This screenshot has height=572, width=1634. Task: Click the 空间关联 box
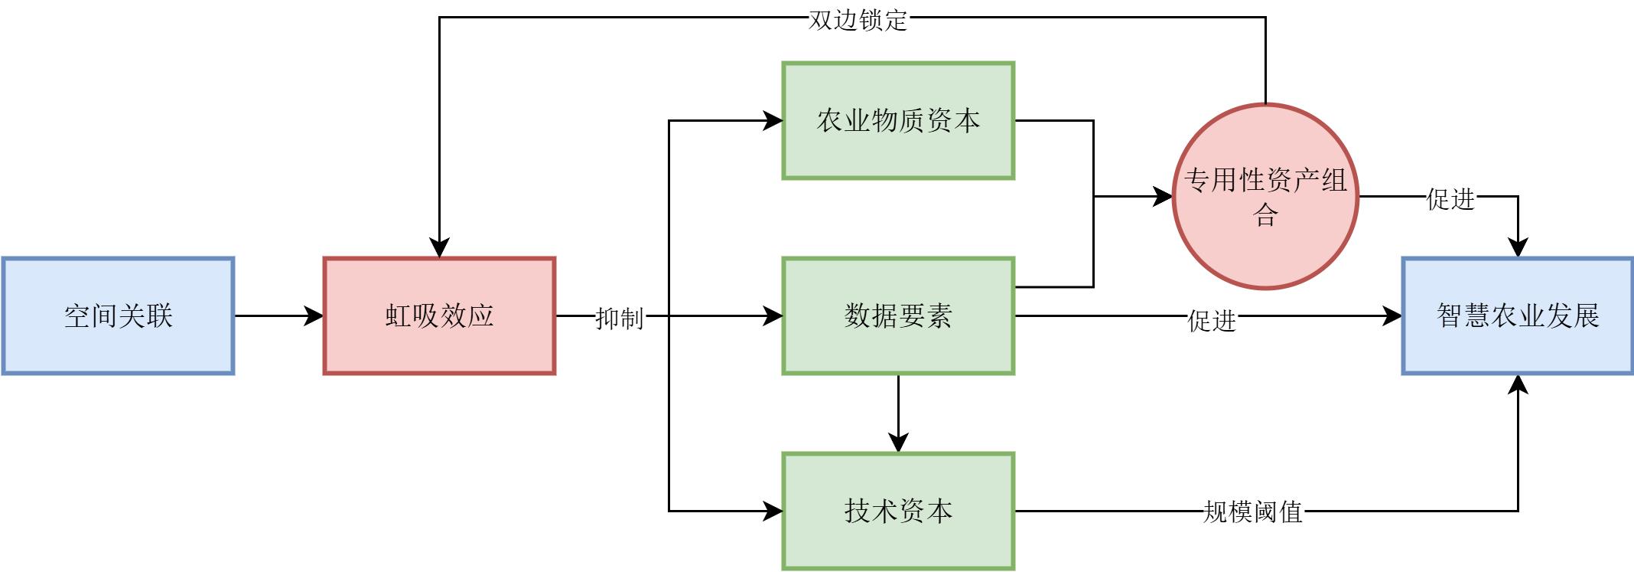pos(118,315)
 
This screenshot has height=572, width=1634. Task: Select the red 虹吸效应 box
pos(439,315)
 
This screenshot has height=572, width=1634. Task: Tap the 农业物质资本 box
pos(898,121)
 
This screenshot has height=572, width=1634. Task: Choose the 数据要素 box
pos(898,315)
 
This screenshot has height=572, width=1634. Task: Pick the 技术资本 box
pos(898,511)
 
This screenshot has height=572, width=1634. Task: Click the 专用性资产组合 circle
pos(1265,196)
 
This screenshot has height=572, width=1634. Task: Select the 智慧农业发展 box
pos(1518,315)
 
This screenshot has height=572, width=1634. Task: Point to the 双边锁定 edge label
pos(858,20)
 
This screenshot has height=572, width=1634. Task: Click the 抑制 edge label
pos(620,317)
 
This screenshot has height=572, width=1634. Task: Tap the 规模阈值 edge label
pos(1253,512)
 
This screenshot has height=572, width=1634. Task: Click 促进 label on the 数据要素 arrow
pos(1212,320)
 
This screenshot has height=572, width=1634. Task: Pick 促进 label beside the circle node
pos(1450,199)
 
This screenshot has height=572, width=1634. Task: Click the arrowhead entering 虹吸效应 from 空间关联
pos(314,315)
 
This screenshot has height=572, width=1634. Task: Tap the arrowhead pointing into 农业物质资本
pos(773,121)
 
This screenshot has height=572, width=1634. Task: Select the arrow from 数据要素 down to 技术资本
pos(898,413)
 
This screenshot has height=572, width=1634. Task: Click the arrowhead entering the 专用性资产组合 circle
pos(1163,197)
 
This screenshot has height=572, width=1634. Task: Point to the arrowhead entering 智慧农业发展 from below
pos(1518,384)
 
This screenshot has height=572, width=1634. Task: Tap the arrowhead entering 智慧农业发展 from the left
pos(1392,315)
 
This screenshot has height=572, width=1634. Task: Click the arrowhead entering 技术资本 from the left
pos(773,511)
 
